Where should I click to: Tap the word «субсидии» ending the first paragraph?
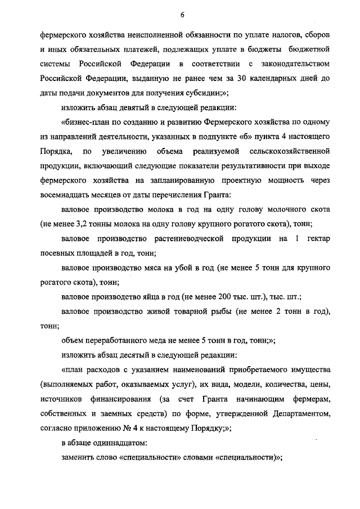pos(186,92)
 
